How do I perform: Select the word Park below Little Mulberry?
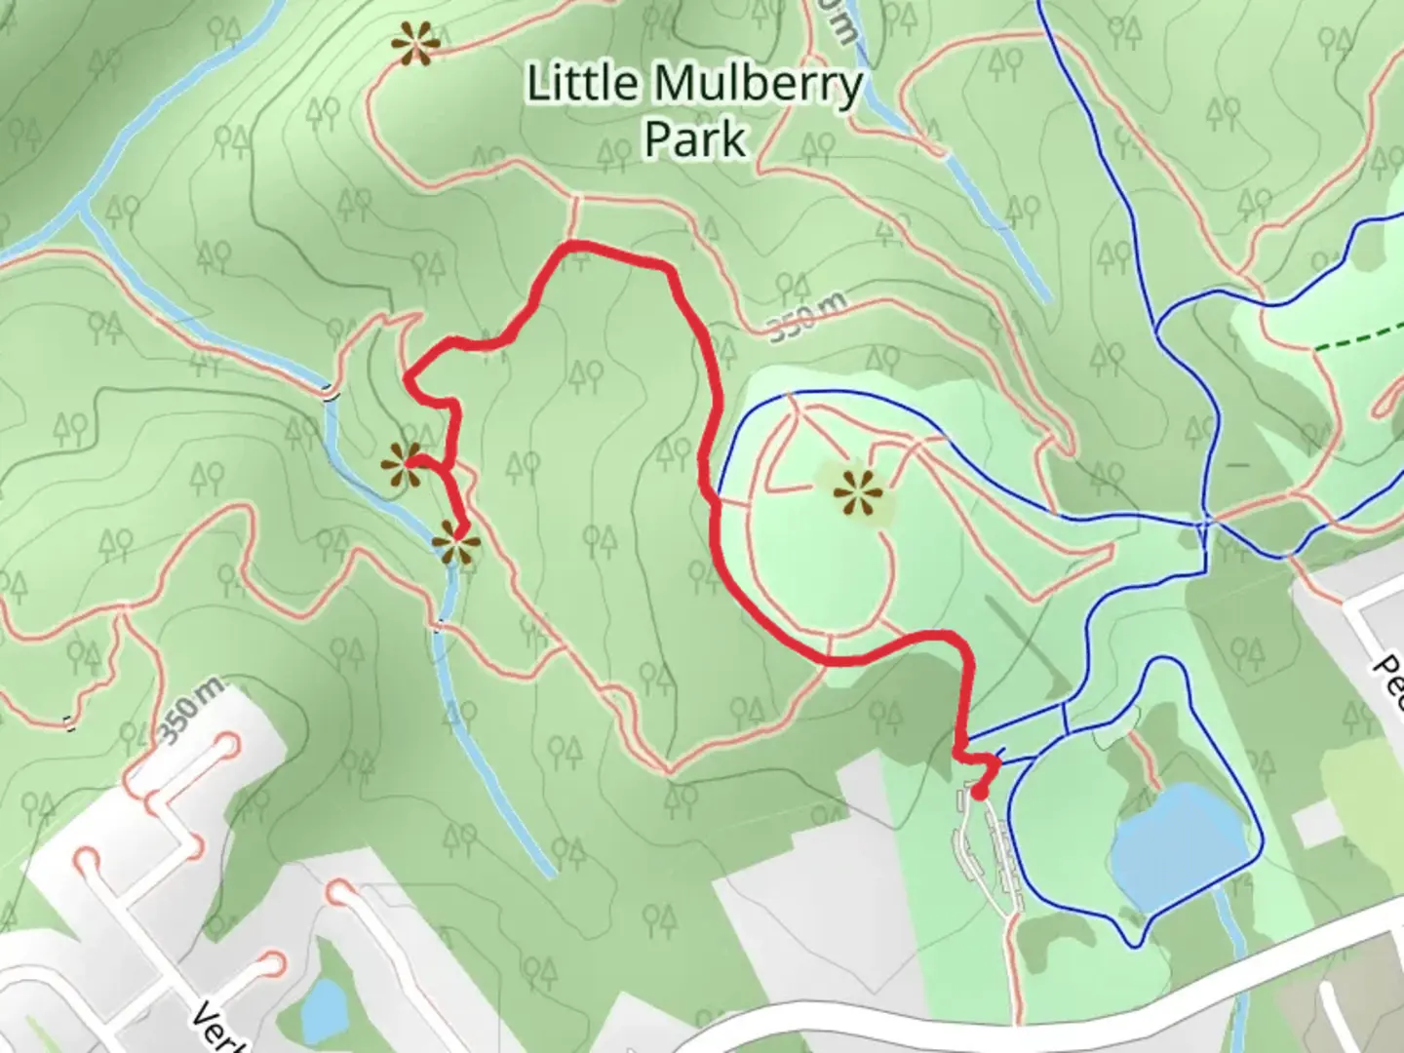[694, 138]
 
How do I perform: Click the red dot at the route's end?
[978, 792]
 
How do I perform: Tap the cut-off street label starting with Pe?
[1387, 680]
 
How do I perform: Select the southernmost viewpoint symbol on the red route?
[455, 542]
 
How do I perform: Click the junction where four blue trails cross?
[1205, 525]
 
